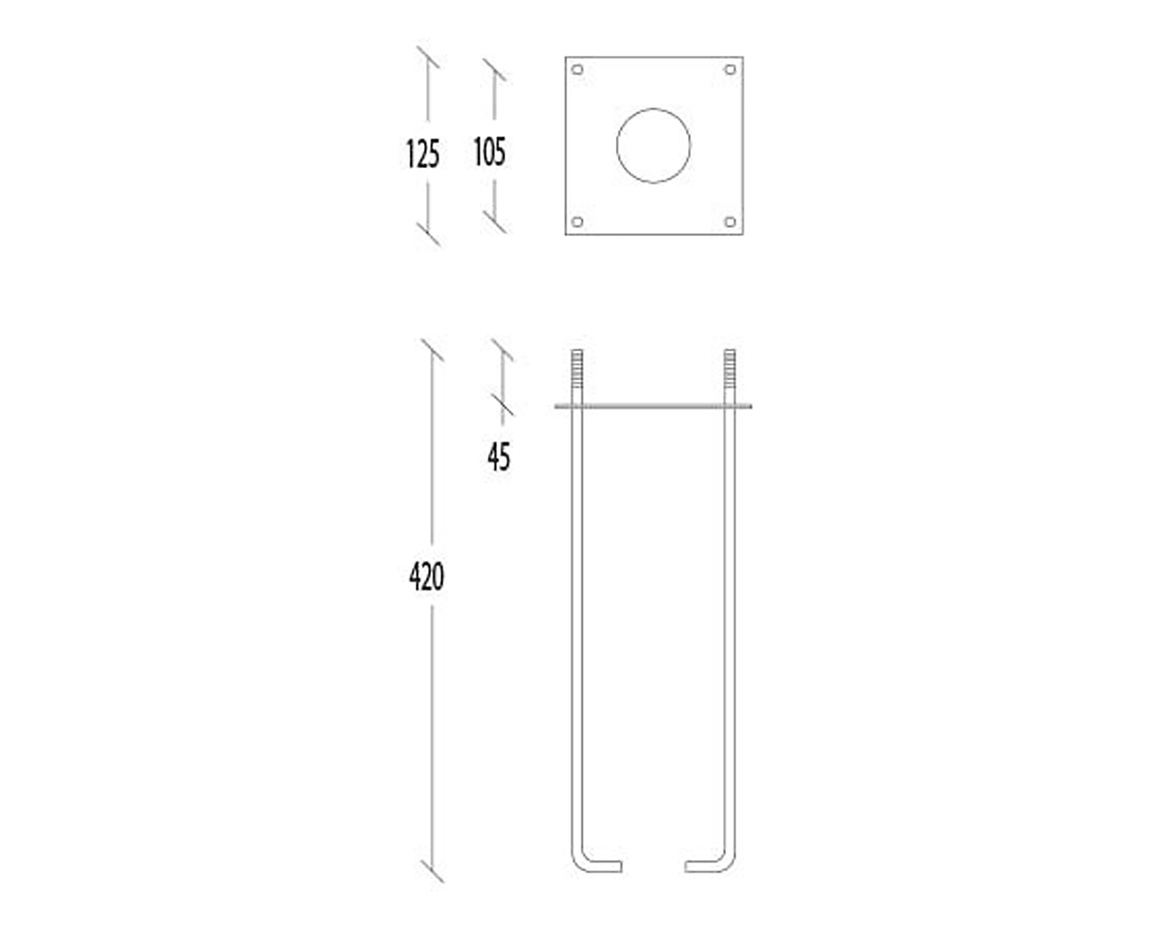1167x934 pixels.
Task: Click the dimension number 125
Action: click(x=423, y=154)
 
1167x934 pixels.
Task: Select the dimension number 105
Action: click(x=490, y=151)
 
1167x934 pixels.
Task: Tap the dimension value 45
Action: click(x=499, y=456)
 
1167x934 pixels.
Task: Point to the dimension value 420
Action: click(x=426, y=577)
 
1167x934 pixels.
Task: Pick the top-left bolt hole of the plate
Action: click(x=578, y=69)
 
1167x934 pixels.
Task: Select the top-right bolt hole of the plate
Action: click(x=731, y=69)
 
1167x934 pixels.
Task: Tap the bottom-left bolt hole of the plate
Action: click(x=578, y=222)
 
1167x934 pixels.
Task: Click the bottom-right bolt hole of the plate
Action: click(x=731, y=222)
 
